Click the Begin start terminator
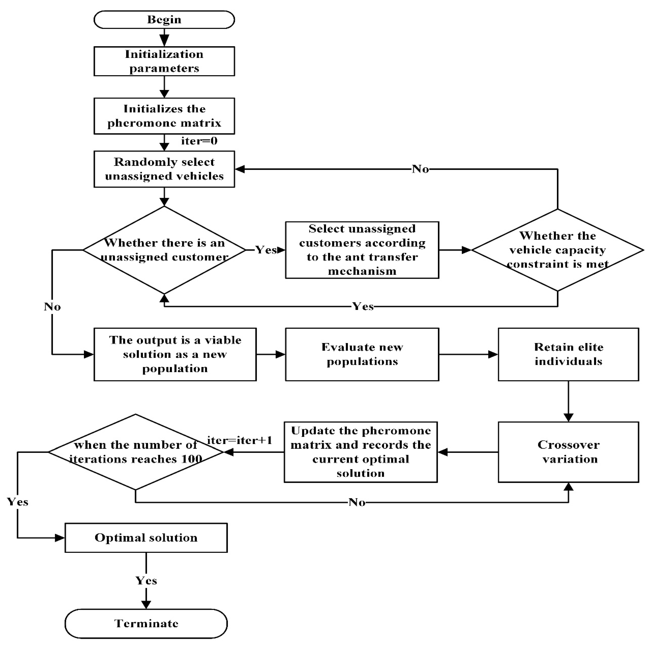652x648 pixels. (164, 20)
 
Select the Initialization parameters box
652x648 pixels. (164, 61)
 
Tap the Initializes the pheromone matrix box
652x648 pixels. (164, 116)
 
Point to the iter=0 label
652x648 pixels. (199, 141)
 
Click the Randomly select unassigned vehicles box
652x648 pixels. (164, 169)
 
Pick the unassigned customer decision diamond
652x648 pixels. (164, 250)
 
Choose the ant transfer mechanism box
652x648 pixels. (362, 250)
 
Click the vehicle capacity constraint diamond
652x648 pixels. (557, 250)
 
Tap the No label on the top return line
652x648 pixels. (420, 169)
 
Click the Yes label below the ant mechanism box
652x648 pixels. (363, 306)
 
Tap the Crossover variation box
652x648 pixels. (568, 452)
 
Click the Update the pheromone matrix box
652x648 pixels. (361, 452)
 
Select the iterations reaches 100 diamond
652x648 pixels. (136, 452)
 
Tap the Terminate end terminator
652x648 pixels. (146, 623)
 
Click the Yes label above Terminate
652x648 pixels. (146, 580)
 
